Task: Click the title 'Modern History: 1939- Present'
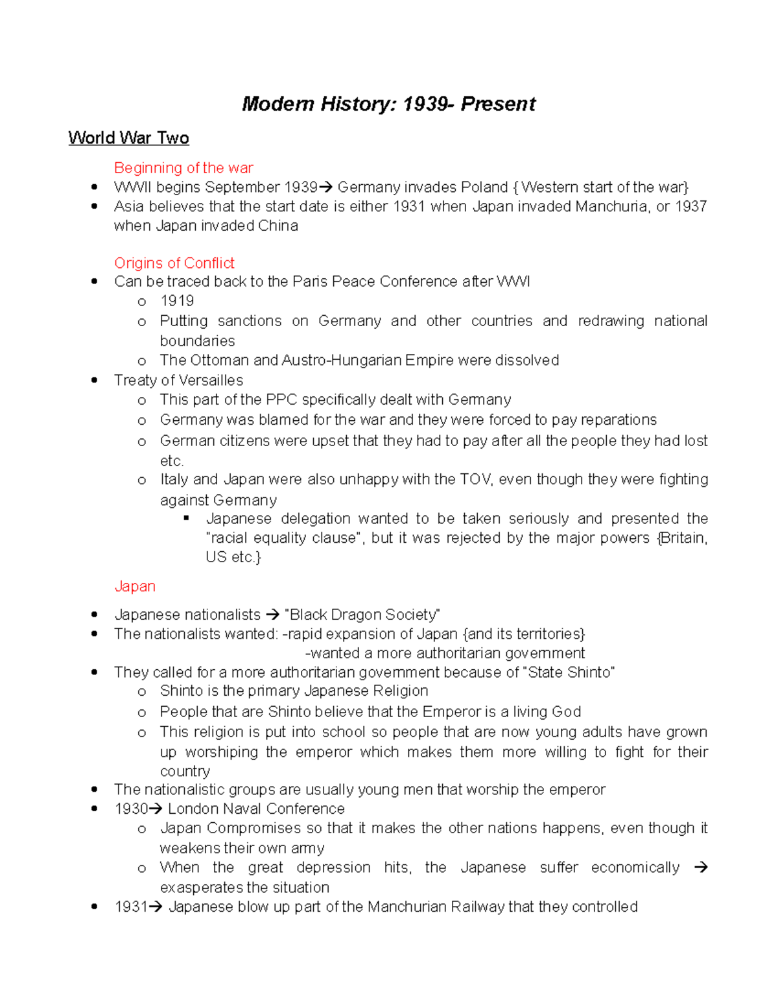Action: coord(388,104)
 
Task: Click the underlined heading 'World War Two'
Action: coord(128,138)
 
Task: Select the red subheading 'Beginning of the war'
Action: coord(183,168)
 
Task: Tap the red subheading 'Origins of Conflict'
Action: coord(174,263)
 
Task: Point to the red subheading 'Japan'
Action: coord(135,586)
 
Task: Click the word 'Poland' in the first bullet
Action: coord(484,187)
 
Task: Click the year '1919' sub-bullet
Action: coord(177,301)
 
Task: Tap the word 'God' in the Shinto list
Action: coord(566,712)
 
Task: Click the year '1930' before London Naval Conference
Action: coord(131,809)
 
